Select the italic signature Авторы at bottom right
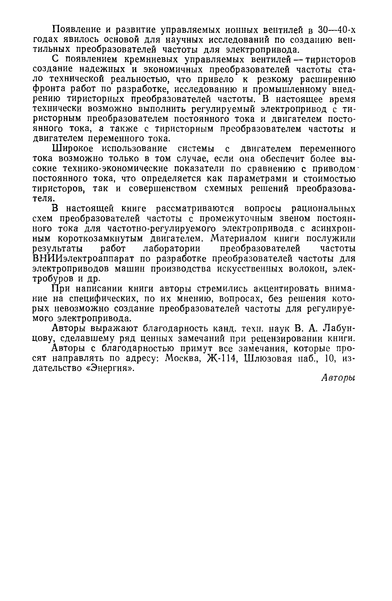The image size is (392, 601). click(x=338, y=378)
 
